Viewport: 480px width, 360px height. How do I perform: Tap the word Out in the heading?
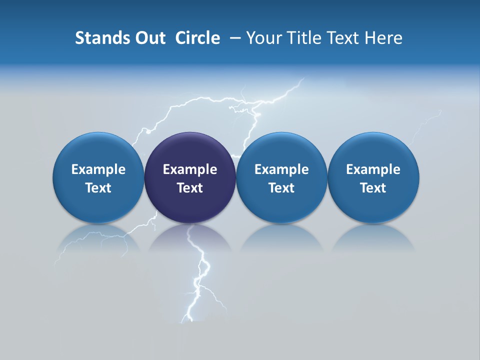click(x=148, y=38)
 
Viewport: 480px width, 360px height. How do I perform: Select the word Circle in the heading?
click(x=197, y=38)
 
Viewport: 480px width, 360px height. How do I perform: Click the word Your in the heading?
click(x=262, y=38)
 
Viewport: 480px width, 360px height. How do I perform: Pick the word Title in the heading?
click(x=301, y=38)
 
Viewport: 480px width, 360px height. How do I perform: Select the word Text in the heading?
click(x=341, y=38)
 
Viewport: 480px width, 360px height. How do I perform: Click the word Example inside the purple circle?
click(x=190, y=169)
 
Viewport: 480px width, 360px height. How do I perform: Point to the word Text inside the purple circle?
click(x=190, y=188)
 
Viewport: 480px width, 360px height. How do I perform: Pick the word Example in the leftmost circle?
click(x=98, y=169)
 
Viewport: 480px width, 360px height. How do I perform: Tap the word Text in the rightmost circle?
click(x=373, y=188)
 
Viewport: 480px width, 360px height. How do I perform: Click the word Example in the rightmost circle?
click(x=373, y=169)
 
